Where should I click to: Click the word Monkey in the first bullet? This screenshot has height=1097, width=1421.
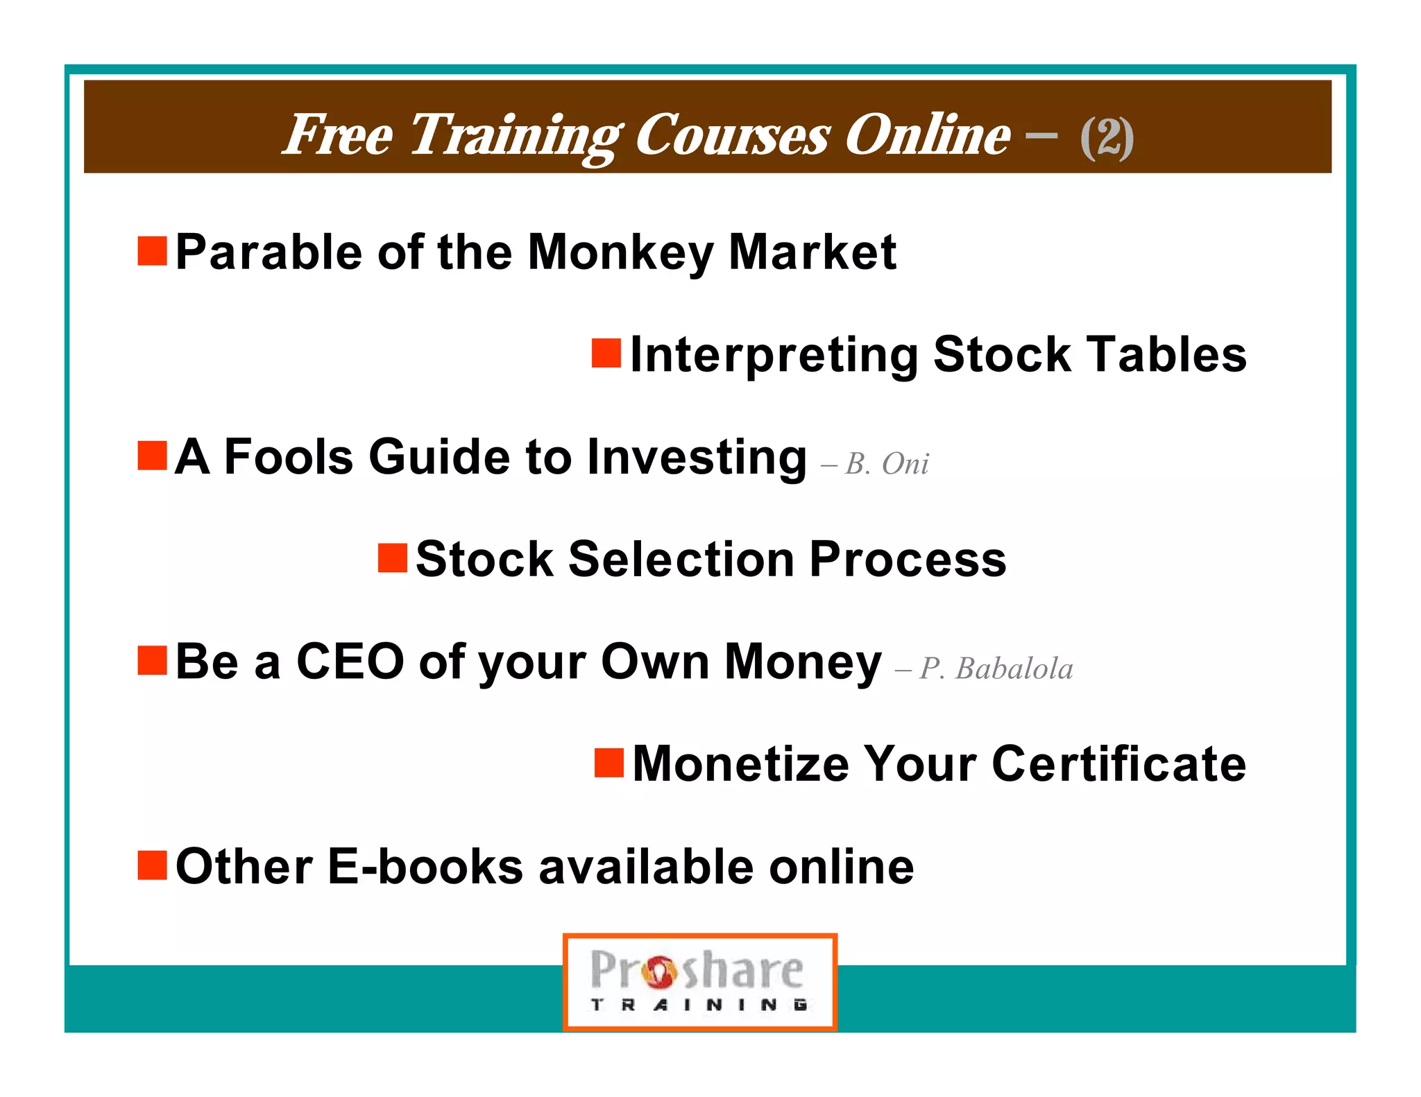click(x=620, y=252)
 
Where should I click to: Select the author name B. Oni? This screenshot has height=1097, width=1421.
click(x=886, y=464)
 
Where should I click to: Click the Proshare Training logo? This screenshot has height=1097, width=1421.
click(x=699, y=982)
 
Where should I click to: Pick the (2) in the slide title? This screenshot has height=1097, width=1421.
click(x=1107, y=137)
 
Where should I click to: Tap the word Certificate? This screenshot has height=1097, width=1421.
click(x=1118, y=764)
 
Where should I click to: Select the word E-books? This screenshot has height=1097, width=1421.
click(x=425, y=867)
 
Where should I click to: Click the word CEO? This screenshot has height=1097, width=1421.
click(x=350, y=662)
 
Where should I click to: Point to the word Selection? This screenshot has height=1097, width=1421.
click(x=681, y=560)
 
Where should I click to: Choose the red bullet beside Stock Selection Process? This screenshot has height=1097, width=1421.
click(x=392, y=558)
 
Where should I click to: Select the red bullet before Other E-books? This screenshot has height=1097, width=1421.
click(x=152, y=865)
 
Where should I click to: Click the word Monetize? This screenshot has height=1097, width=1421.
click(x=740, y=764)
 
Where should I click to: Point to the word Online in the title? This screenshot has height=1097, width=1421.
click(x=927, y=135)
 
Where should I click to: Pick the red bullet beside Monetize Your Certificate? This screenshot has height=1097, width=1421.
click(x=609, y=763)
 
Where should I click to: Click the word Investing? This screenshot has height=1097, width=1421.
click(x=697, y=458)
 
